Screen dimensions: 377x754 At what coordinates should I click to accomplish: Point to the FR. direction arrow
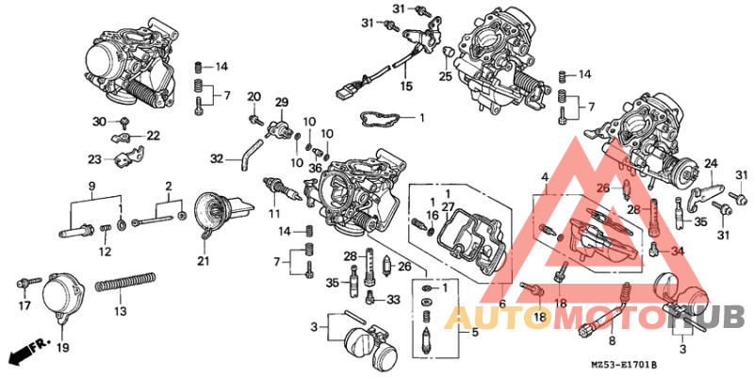pos(27,353)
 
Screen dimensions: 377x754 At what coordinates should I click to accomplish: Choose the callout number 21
pos(204,261)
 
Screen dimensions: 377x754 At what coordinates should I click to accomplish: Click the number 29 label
pos(281,102)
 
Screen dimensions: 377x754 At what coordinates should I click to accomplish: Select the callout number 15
pos(406,86)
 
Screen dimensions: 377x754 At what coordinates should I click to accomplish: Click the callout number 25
pos(445,75)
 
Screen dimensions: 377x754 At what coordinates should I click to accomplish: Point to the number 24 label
pos(711,162)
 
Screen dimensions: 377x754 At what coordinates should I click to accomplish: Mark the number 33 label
pos(394,300)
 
